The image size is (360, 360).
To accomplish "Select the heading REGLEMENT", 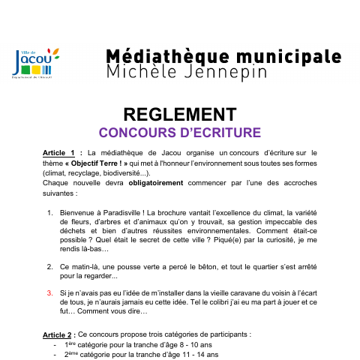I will pyautogui.click(x=179, y=114).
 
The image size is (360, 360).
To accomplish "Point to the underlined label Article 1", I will pyautogui.click(x=58, y=152).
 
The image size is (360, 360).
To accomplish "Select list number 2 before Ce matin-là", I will pyautogui.click(x=49, y=266).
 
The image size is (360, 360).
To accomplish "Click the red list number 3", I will pyautogui.click(x=49, y=292).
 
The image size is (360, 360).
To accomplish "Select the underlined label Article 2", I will pyautogui.click(x=58, y=334).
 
